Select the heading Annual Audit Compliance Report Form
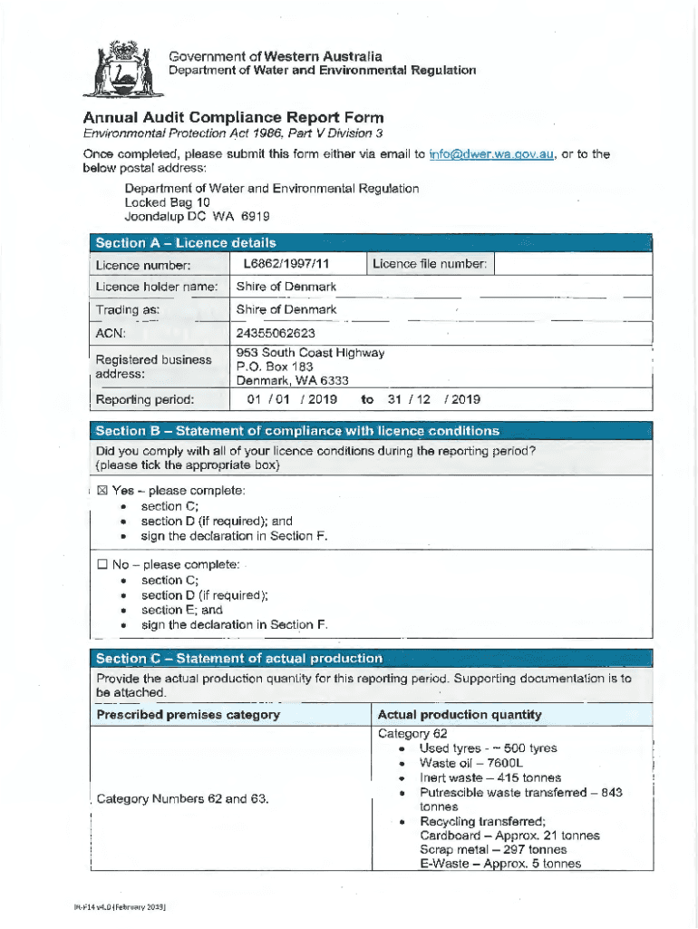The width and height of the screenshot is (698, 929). coord(233,118)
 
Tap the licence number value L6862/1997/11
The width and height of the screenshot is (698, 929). coord(286,264)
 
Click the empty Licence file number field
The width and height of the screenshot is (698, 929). coord(573,264)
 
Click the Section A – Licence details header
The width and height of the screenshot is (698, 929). coord(186,243)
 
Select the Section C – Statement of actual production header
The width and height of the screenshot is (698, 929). coord(238,659)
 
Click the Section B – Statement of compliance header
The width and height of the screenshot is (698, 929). coord(297,430)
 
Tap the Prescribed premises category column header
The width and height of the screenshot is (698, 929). coord(189,714)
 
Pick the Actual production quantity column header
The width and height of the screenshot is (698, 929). coord(460,714)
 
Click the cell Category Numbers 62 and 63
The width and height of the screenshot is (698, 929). coord(182,799)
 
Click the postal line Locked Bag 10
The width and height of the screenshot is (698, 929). coord(167,202)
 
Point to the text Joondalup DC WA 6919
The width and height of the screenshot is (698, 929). coord(197,217)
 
